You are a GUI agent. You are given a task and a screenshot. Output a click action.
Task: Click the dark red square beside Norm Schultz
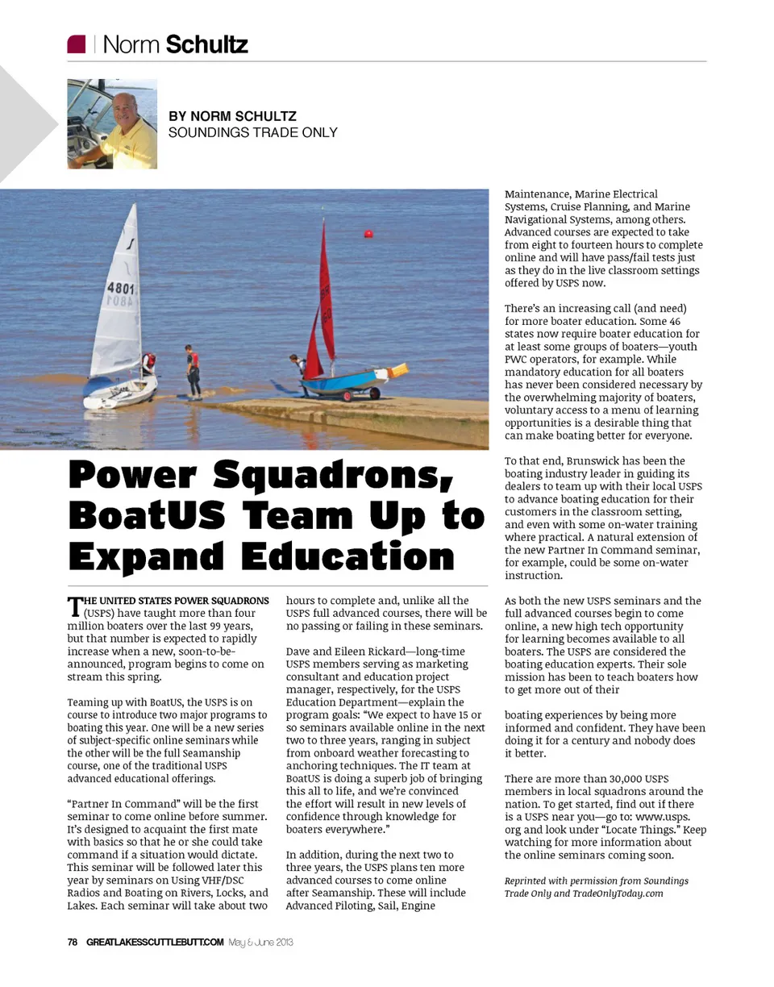[76, 44]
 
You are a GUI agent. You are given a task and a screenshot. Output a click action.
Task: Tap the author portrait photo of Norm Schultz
[112, 123]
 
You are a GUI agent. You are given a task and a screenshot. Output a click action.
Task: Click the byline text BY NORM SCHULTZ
[232, 116]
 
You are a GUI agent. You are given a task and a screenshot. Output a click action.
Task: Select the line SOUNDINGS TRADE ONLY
[252, 132]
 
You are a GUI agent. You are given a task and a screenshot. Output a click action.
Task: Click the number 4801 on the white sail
[121, 288]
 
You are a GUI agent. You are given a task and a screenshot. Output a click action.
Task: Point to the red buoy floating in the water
[368, 234]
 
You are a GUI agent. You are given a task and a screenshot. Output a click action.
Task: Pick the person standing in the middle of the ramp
[192, 370]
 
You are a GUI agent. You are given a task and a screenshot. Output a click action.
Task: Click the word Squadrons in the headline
[335, 478]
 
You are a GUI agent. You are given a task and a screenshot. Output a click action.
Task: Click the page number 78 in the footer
[73, 942]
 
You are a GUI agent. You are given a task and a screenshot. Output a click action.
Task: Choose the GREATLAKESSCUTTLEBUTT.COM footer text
[155, 942]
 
